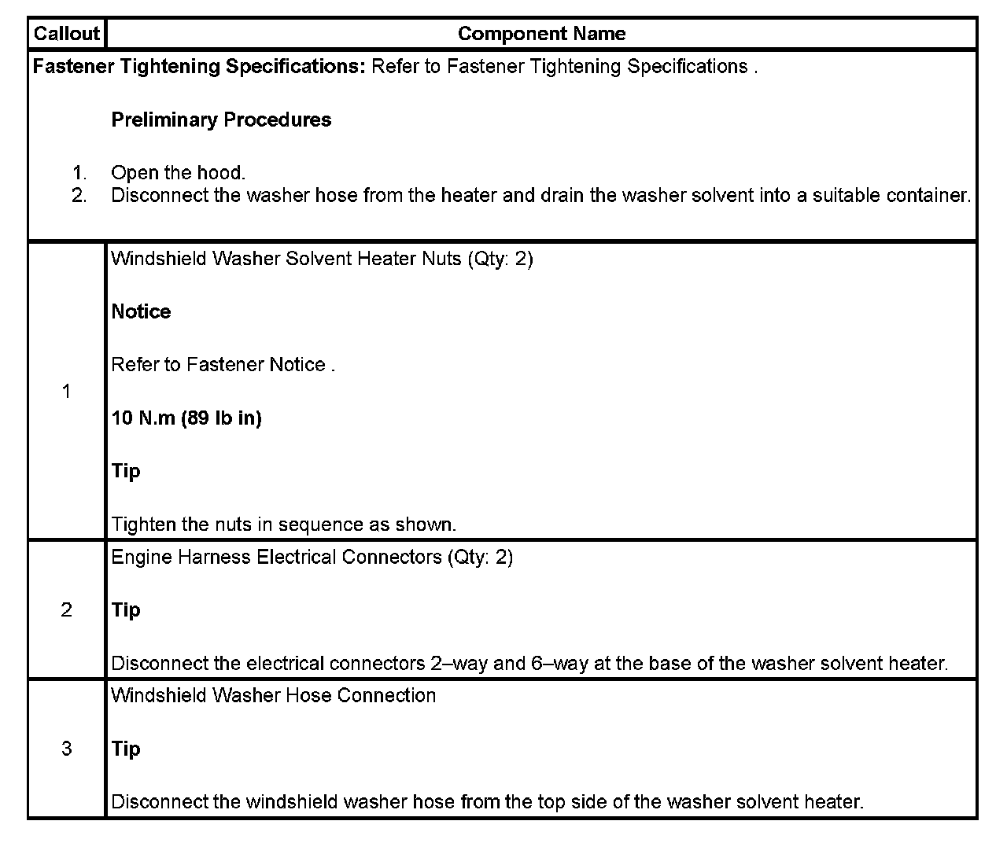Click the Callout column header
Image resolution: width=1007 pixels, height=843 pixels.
[x=67, y=34]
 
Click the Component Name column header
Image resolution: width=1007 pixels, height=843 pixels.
[x=541, y=34]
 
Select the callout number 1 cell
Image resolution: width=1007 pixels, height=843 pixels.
[x=67, y=391]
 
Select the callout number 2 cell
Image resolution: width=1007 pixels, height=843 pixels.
[x=67, y=609]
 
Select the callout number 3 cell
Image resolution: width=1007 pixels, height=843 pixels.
[x=67, y=748]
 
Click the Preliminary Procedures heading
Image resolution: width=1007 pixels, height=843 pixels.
[x=221, y=120]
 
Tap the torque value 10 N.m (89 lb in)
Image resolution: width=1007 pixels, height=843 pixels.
[x=186, y=418]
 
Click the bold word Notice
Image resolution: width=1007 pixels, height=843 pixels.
[x=141, y=311]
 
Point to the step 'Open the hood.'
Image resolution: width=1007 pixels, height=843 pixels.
[x=178, y=173]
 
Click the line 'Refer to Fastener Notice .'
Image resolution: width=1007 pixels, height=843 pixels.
[x=223, y=365]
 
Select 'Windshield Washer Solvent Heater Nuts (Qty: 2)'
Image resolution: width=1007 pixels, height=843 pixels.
[x=322, y=259]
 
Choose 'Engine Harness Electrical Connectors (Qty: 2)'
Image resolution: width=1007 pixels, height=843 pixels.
[x=312, y=557]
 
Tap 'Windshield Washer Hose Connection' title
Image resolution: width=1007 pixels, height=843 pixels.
[x=273, y=695]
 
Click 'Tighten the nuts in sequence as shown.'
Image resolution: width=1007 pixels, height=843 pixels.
[x=283, y=525]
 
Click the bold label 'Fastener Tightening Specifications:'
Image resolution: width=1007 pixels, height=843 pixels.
[x=199, y=66]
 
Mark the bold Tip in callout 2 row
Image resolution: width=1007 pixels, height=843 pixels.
[x=126, y=610]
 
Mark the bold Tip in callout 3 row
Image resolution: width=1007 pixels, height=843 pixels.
[x=126, y=749]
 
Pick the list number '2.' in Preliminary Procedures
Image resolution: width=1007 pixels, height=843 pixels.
[x=79, y=195]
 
